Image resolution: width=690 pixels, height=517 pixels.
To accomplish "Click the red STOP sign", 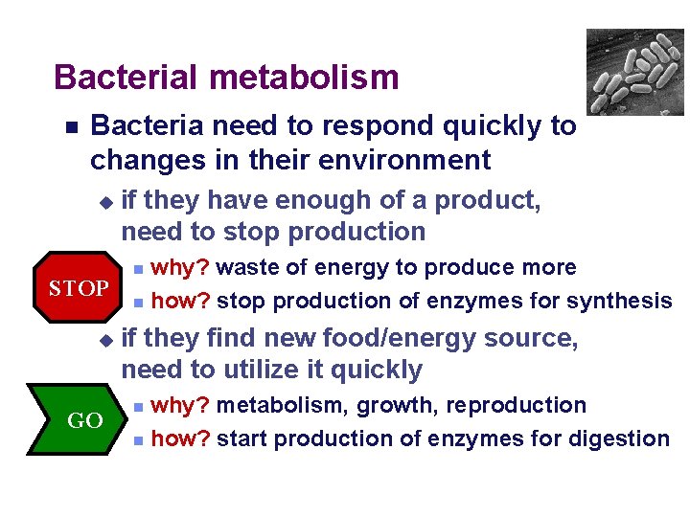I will pyautogui.click(x=79, y=288).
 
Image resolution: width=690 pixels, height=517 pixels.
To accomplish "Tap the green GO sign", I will pyautogui.click(x=83, y=420).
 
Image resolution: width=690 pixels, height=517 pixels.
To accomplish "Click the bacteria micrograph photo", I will pyautogui.click(x=634, y=72).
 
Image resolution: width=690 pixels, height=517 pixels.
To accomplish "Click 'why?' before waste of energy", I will pyautogui.click(x=182, y=268).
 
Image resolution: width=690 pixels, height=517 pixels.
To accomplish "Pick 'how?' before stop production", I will pyautogui.click(x=182, y=302).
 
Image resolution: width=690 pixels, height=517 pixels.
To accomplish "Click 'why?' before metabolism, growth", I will pyautogui.click(x=182, y=406).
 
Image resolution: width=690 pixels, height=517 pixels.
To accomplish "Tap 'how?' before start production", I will pyautogui.click(x=182, y=439).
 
